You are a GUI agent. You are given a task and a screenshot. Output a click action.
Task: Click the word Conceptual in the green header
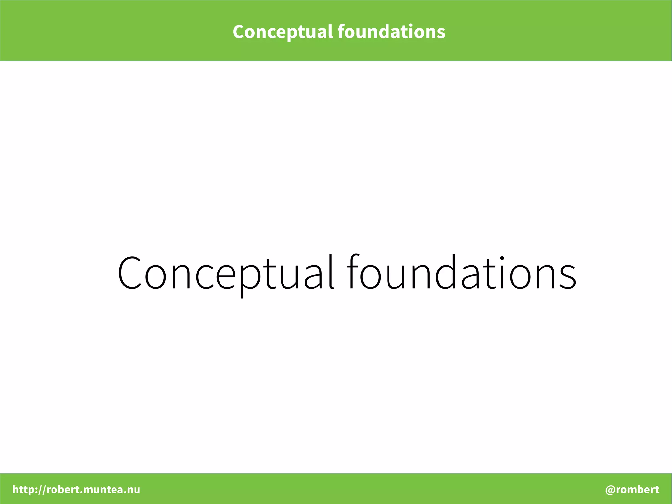pos(283,32)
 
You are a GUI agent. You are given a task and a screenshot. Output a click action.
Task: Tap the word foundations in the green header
pos(391,32)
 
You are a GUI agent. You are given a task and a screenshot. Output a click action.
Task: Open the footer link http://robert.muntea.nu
pos(76,489)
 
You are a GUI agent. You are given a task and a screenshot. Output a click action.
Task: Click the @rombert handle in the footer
pos(632,489)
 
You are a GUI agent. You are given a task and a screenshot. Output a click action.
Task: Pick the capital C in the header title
pos(239,32)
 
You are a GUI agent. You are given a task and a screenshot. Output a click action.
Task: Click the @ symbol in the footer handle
pos(610,490)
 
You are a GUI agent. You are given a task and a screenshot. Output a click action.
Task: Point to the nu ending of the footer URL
pos(134,490)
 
